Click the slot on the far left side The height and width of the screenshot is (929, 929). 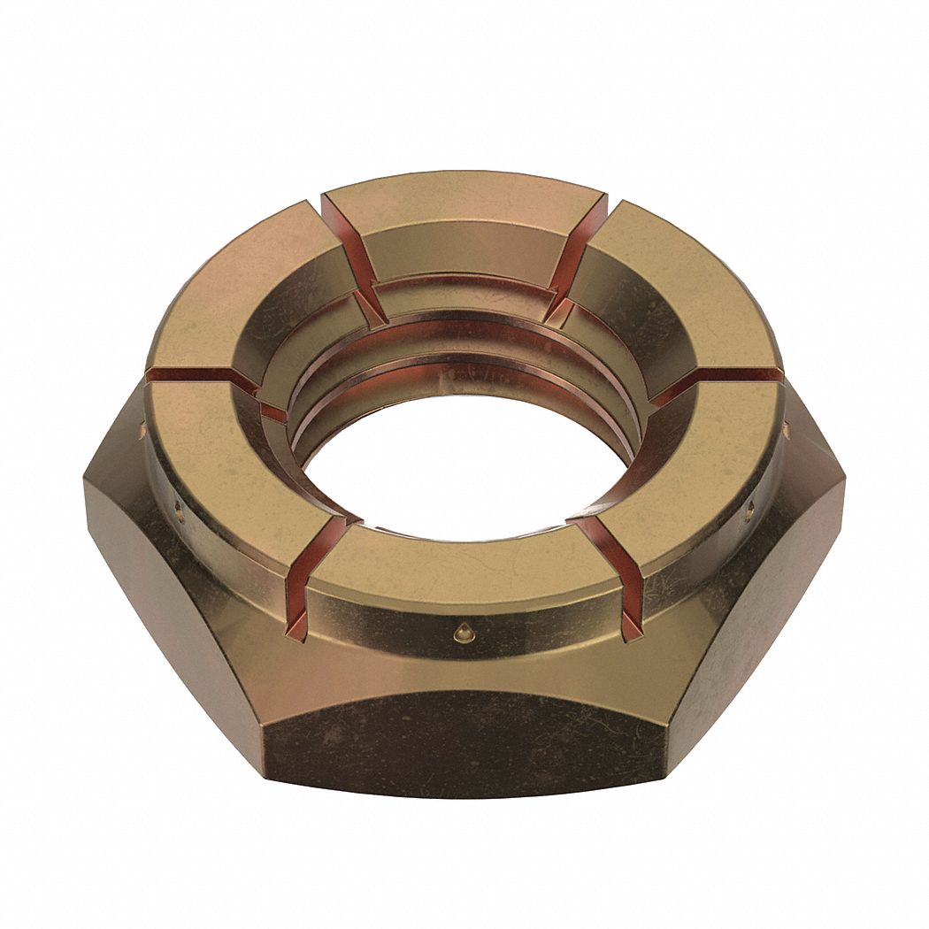coord(190,379)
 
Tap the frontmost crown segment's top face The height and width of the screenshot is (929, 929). coord(464,566)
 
